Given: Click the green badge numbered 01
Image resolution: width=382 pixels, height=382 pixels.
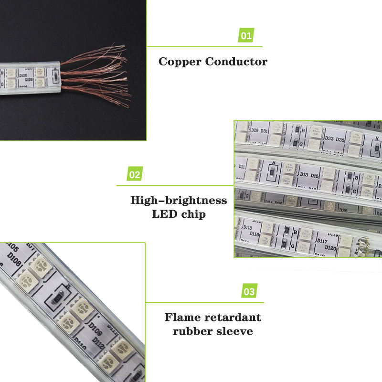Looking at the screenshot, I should [x=246, y=35].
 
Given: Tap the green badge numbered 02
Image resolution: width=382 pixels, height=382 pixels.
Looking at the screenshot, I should [x=135, y=174].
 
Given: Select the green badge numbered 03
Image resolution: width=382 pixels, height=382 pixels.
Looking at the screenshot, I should [x=249, y=291].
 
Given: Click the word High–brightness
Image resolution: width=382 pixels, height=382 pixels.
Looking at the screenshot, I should [x=179, y=200].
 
